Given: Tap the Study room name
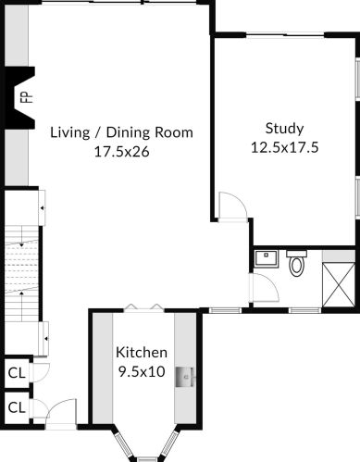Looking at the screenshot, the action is [284, 129].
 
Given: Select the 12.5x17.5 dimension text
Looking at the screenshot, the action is [284, 147].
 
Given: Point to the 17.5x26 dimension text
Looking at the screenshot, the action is [121, 152].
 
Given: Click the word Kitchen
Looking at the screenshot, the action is [142, 352].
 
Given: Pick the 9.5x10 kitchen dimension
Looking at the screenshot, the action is [142, 371].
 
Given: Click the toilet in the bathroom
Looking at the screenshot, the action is [296, 263].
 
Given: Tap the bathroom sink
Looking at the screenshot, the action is [267, 258].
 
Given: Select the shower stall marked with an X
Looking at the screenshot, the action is [339, 284].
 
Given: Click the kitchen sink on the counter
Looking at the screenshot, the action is [185, 377].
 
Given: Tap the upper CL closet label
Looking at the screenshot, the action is [17, 373].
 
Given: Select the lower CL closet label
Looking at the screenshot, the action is [17, 407].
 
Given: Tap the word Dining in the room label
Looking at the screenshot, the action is [129, 133].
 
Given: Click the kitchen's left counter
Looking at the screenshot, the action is [103, 368].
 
